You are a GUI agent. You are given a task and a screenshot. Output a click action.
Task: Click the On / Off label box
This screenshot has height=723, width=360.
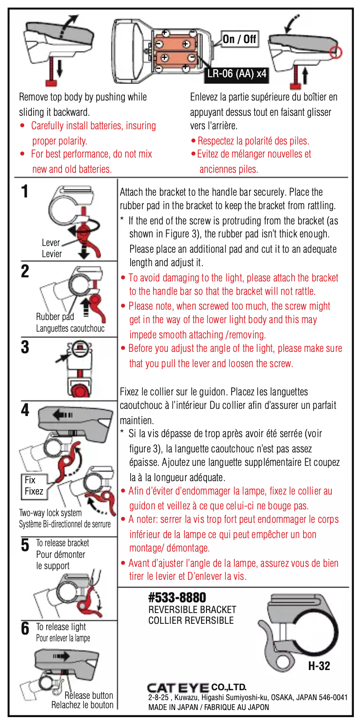pos(239,39)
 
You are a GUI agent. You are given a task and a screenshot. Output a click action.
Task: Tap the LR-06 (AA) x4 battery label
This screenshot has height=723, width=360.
pos(237,74)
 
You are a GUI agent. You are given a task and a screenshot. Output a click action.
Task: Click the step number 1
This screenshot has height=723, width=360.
pos(25,192)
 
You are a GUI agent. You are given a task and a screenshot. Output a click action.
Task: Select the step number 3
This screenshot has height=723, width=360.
pos(25,347)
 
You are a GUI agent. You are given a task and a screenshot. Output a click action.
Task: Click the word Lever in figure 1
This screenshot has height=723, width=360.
pos(51,243)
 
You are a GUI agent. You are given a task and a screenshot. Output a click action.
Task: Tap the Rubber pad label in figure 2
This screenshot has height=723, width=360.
pos(55,317)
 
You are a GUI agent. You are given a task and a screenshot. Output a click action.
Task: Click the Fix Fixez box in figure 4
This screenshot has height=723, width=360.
pos(34,486)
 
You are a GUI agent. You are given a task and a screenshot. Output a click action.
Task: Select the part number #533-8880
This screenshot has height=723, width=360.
pos(177,597)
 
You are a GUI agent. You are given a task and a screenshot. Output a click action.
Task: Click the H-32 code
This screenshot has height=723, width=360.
pos(319,666)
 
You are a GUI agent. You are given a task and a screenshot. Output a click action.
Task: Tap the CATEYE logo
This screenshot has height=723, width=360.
pos(178,688)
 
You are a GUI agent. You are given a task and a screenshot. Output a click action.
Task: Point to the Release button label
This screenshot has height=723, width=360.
pos(88,695)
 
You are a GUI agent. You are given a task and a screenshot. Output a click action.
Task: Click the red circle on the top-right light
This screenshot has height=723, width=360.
pos(336,53)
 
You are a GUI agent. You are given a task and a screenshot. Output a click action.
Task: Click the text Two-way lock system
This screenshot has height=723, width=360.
pos(50,513)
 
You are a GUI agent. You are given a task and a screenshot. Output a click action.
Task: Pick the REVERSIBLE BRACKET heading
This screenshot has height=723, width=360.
pos(192,609)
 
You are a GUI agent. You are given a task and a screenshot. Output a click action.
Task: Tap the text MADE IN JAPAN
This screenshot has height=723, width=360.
pos(173,707)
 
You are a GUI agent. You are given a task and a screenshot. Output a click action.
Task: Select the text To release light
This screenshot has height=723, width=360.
pos(61,627)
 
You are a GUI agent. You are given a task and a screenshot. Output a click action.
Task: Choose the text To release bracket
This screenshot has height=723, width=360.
pos(62,543)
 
